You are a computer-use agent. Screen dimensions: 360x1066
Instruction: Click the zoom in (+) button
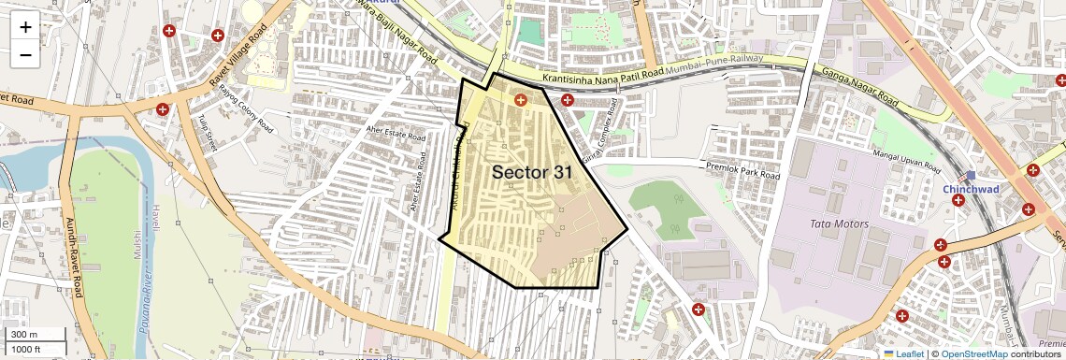point(25,27)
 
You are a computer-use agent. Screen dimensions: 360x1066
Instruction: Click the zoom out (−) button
point(25,55)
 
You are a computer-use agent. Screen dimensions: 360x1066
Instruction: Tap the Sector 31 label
point(531,172)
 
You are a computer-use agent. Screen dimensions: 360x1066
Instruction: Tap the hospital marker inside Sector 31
point(521,98)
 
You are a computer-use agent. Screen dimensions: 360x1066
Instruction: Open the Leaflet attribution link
point(903,353)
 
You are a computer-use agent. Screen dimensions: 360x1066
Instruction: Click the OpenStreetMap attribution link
point(973,353)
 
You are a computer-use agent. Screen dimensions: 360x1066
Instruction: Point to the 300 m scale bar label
point(24,335)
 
